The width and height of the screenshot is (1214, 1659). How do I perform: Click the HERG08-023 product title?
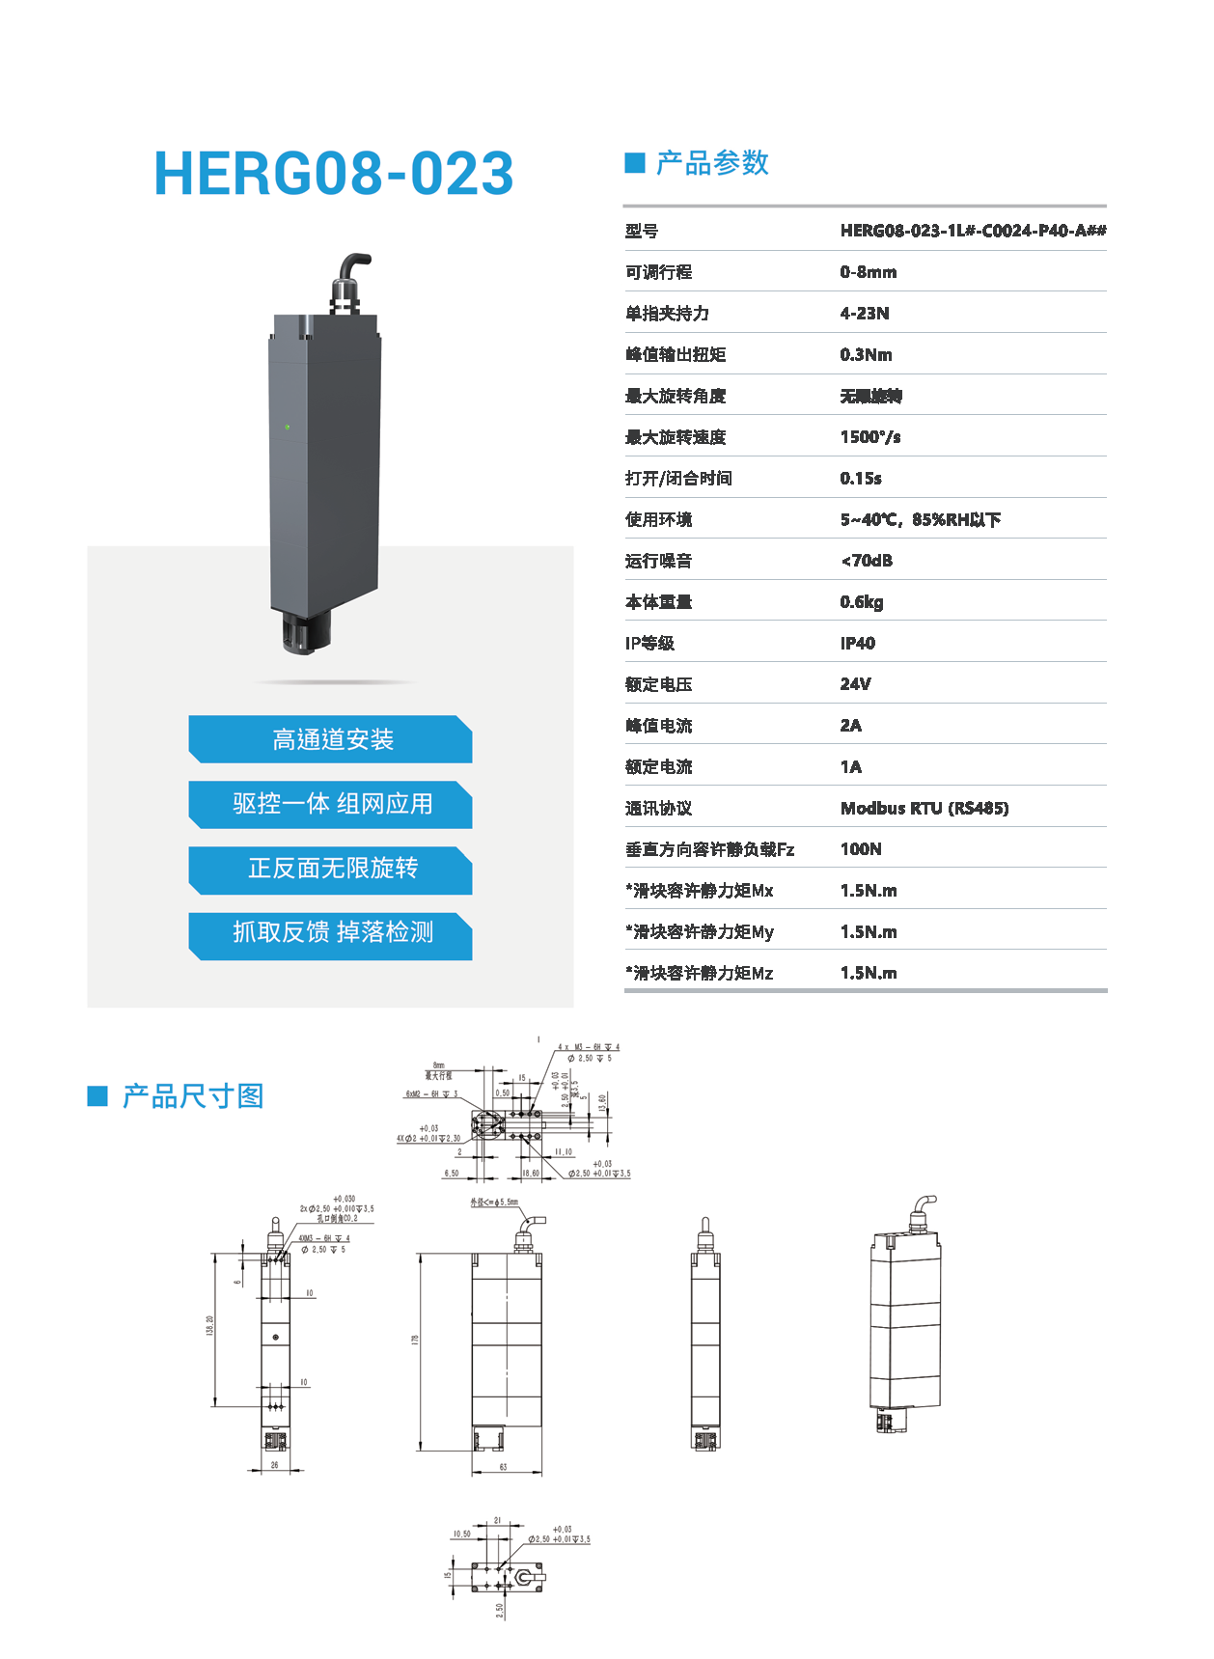pyautogui.click(x=334, y=174)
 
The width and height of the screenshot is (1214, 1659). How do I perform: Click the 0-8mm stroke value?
pyautogui.click(x=868, y=272)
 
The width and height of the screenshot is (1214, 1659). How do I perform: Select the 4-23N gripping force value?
pyautogui.click(x=865, y=314)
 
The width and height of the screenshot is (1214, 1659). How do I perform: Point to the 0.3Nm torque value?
pyautogui.click(x=866, y=355)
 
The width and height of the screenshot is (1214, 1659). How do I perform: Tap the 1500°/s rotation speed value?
pyautogui.click(x=869, y=437)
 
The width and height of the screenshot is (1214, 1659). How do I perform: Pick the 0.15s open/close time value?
pyautogui.click(x=860, y=479)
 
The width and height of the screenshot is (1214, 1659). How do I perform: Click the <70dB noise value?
pyautogui.click(x=866, y=561)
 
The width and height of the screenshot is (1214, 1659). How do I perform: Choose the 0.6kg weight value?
pyautogui.click(x=861, y=602)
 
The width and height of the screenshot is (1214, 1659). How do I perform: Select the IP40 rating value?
pyautogui.click(x=857, y=644)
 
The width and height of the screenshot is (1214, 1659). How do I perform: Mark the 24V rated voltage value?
pyautogui.click(x=855, y=684)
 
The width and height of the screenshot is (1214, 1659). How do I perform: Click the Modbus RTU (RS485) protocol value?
pyautogui.click(x=924, y=809)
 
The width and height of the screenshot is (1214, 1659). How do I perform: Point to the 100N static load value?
pyautogui.click(x=861, y=849)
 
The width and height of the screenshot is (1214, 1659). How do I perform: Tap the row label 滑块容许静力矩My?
pyautogui.click(x=700, y=932)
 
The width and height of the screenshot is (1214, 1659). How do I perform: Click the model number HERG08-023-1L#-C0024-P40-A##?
pyautogui.click(x=973, y=231)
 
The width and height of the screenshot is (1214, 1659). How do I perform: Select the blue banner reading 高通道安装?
pyautogui.click(x=331, y=740)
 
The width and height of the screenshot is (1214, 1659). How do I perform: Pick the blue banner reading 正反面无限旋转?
pyautogui.click(x=331, y=869)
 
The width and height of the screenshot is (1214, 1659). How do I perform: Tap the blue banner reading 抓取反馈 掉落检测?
pyautogui.click(x=331, y=932)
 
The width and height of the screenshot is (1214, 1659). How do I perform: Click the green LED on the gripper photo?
pyautogui.click(x=287, y=427)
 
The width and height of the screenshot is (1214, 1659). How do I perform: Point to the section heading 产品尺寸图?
pyautogui.click(x=193, y=1096)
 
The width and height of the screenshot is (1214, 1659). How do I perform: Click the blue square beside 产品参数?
pyautogui.click(x=635, y=163)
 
